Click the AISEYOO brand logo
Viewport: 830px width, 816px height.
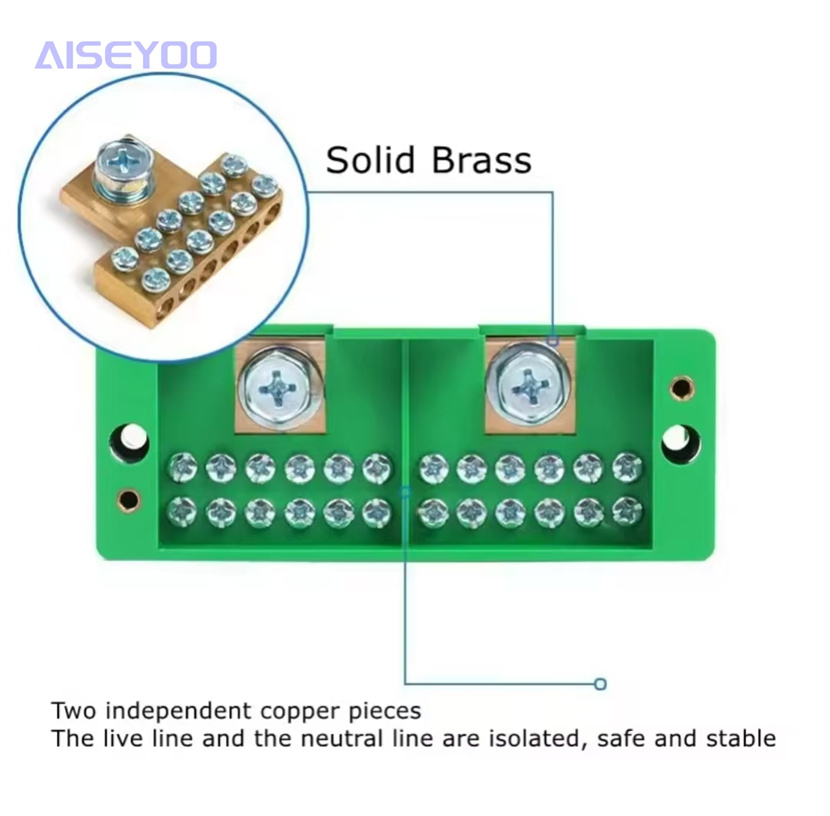click(126, 55)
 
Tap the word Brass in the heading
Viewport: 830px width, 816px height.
click(481, 159)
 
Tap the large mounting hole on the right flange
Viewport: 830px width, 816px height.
click(681, 443)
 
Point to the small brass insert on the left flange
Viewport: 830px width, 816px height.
click(129, 499)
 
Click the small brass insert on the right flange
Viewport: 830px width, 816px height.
click(681, 388)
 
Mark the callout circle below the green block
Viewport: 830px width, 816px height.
click(600, 684)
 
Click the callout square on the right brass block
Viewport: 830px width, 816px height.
click(553, 341)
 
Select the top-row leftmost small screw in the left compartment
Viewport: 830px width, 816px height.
click(182, 468)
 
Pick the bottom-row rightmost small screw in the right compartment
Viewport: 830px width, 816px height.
click(627, 512)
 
